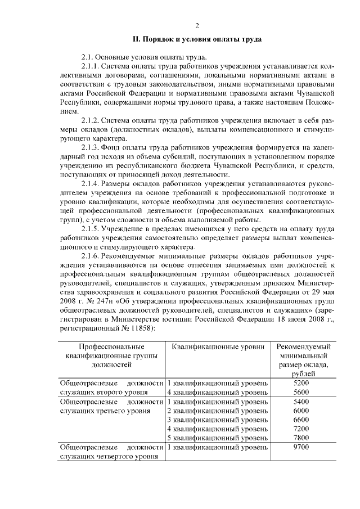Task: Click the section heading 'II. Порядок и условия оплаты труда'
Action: [197, 39]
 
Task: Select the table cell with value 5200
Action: [301, 383]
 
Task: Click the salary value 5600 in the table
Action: [301, 393]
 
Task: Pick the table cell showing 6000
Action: [301, 411]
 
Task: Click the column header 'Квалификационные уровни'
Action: [218, 347]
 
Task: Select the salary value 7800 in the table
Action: [301, 438]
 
